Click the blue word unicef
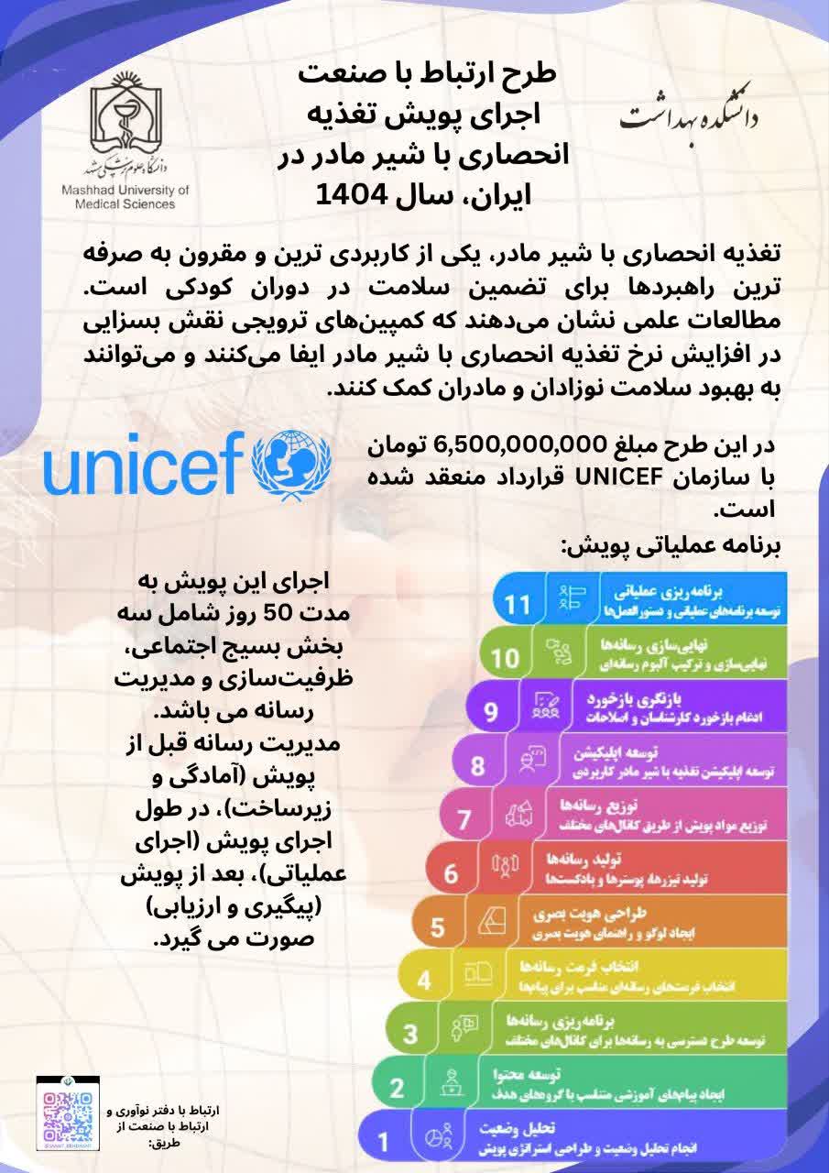[145, 468]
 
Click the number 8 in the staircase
[476, 764]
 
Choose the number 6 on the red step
[451, 872]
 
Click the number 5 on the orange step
[437, 926]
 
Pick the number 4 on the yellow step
[424, 980]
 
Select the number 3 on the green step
[410, 1034]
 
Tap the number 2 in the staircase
[397, 1088]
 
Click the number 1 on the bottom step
[384, 1141]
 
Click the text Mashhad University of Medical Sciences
[123, 198]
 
